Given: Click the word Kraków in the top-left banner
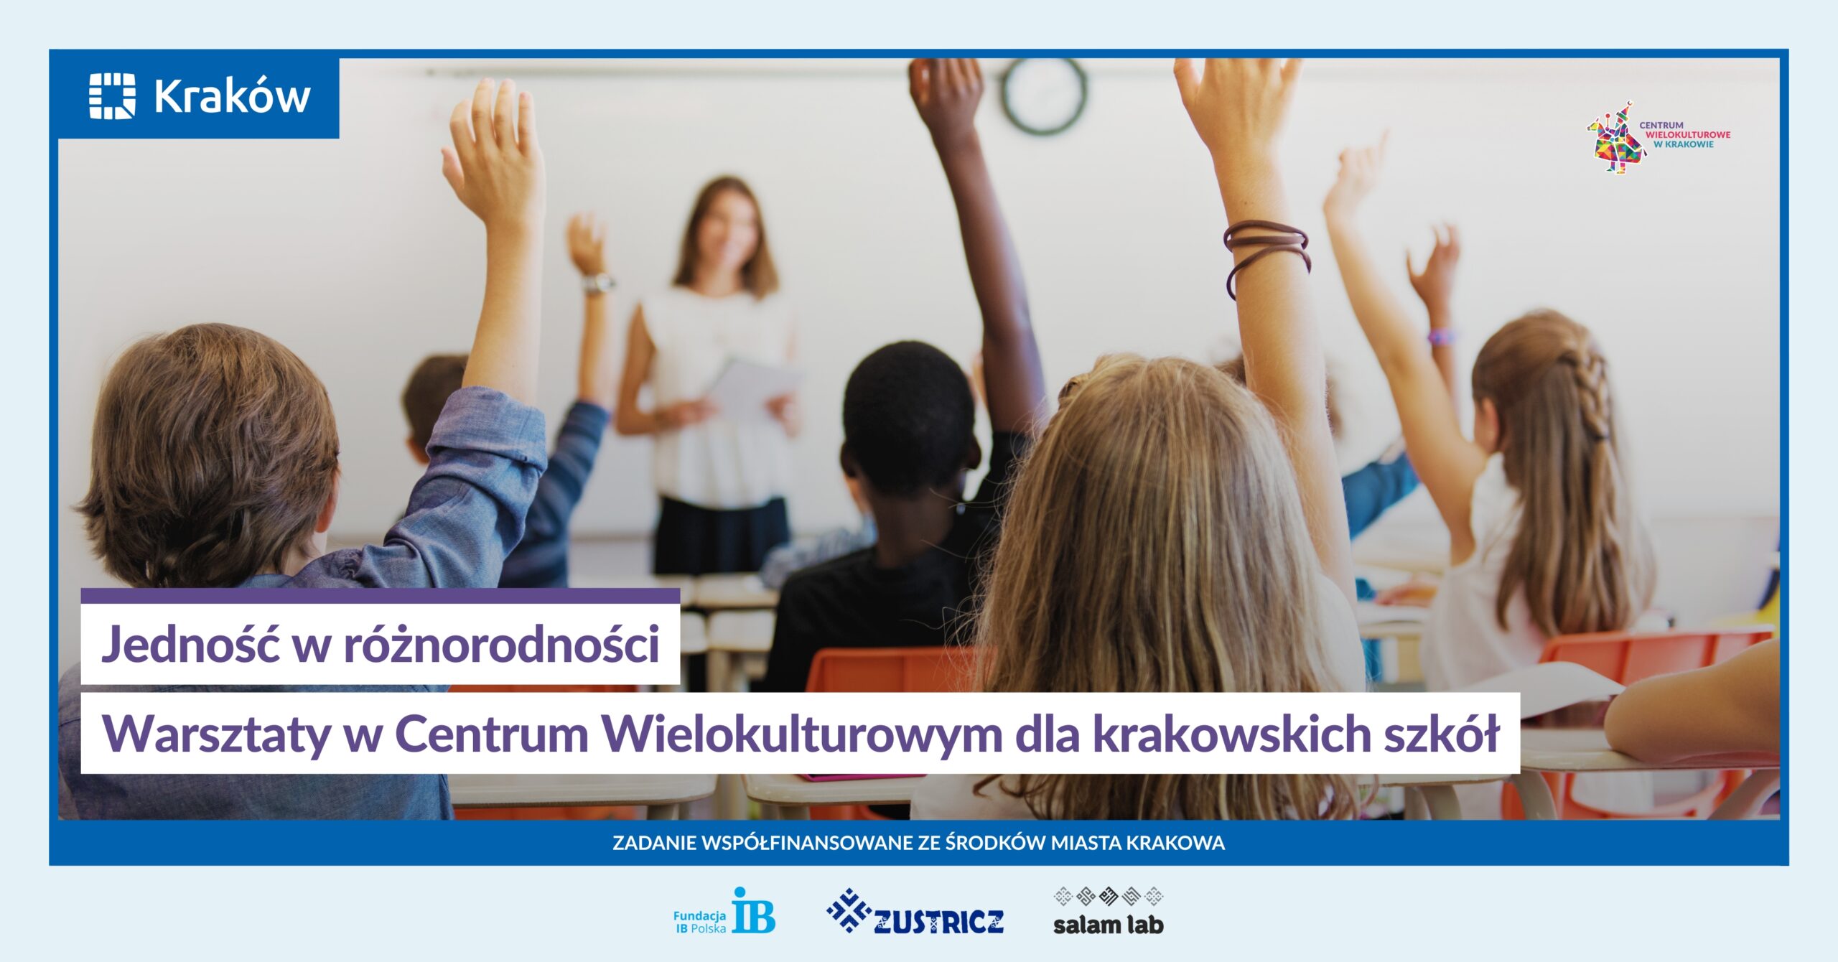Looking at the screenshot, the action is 232,95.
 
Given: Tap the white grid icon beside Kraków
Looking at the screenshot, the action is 112,95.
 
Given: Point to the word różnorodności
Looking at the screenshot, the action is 502,644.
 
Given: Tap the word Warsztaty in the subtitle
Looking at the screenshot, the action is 216,735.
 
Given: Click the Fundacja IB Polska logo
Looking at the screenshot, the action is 724,911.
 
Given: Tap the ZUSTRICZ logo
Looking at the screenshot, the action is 915,912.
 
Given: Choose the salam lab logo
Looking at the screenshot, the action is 1108,911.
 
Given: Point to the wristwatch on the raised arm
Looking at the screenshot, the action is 598,284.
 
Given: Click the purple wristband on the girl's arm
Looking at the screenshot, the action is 1440,337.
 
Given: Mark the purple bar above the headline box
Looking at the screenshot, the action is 381,596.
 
